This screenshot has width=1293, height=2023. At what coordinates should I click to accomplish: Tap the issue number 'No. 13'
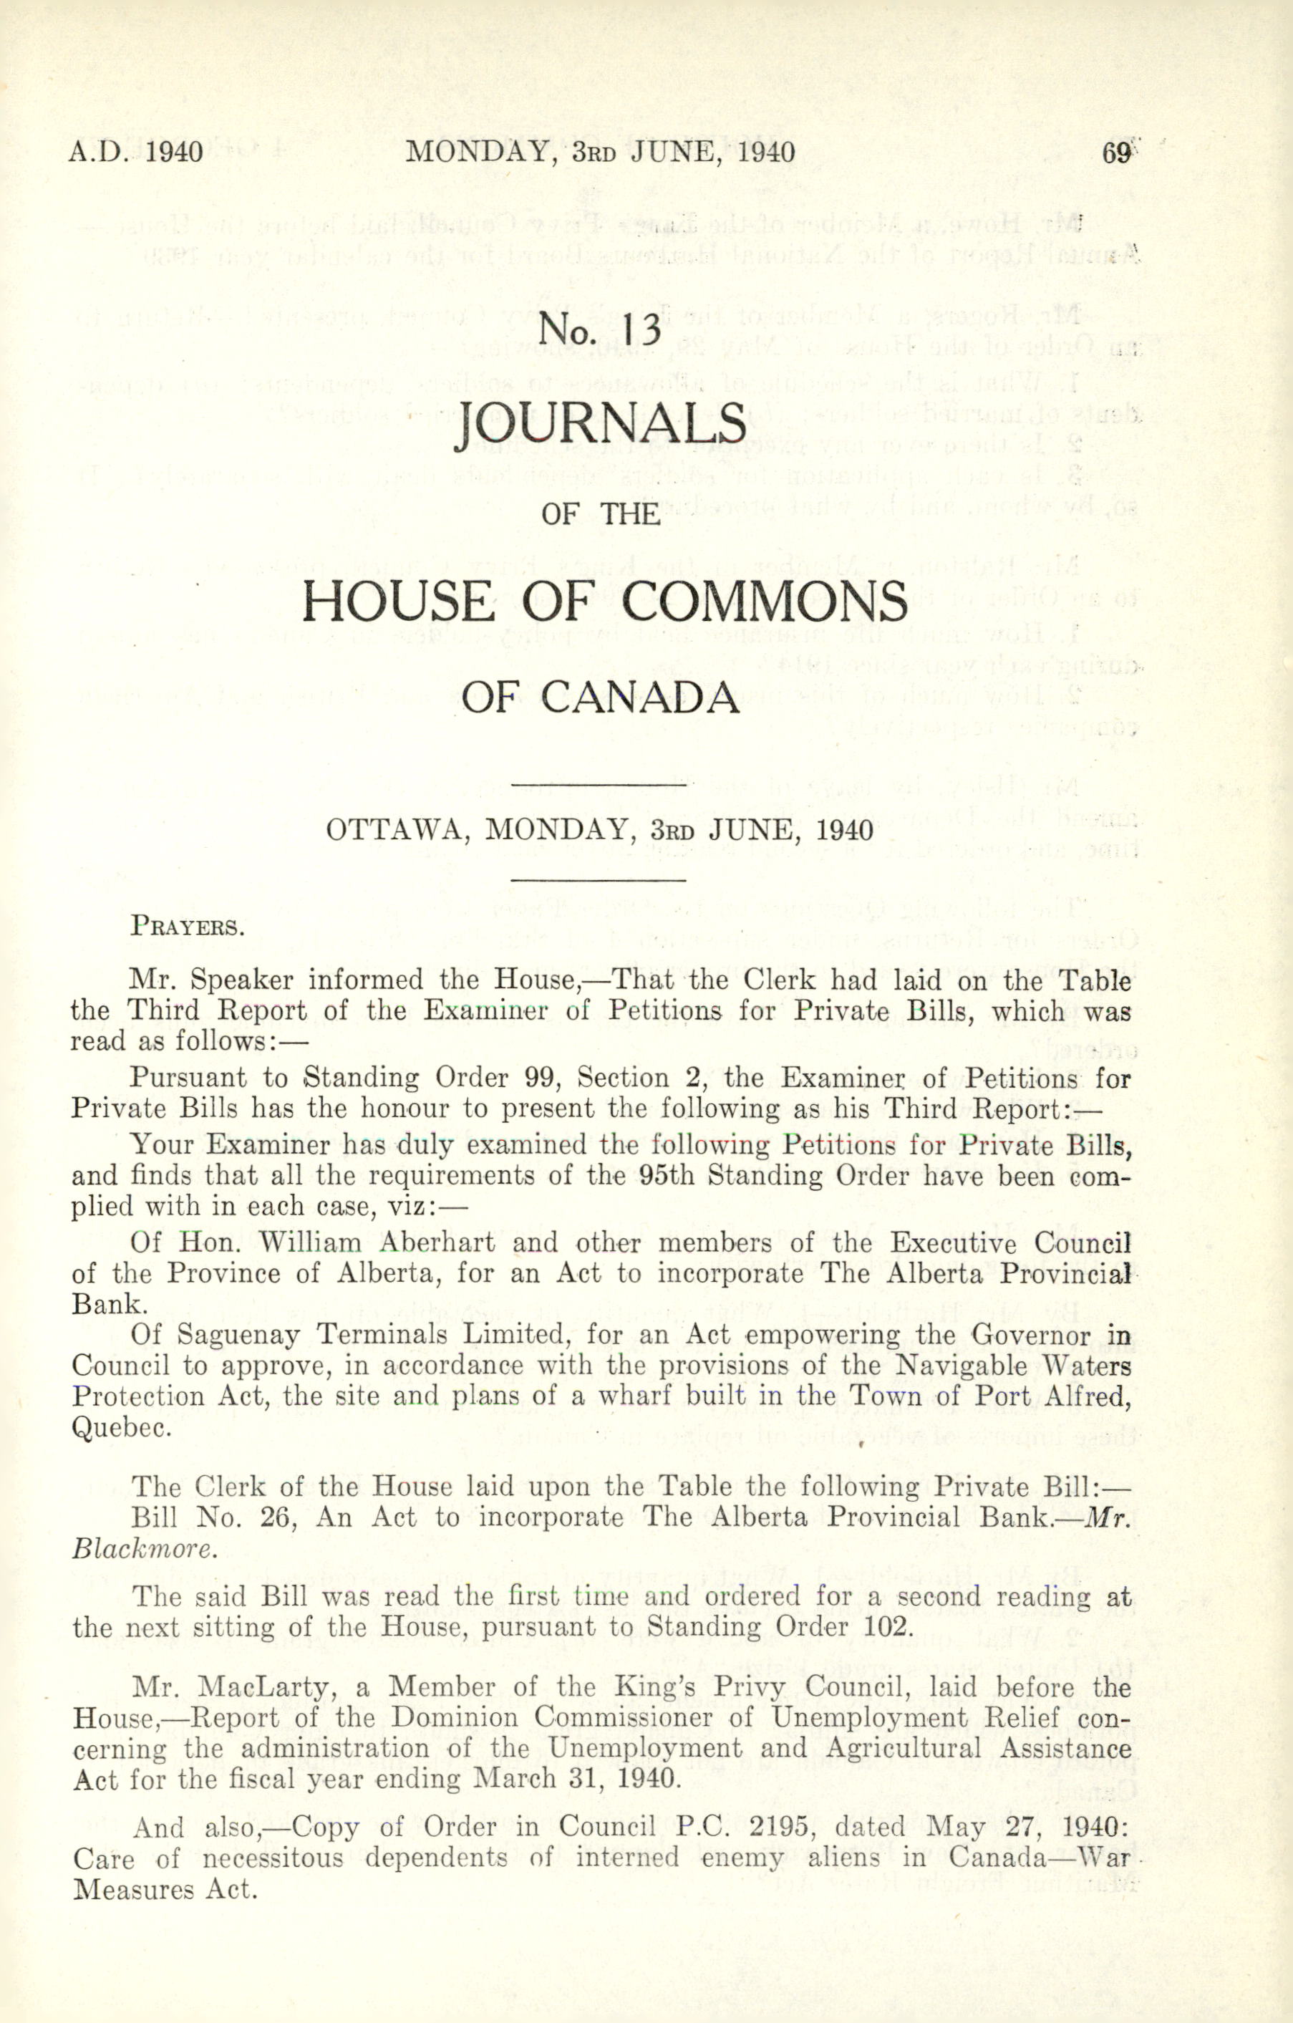pyautogui.click(x=601, y=329)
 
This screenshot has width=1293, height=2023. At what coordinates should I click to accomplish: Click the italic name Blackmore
pyautogui.click(x=144, y=1548)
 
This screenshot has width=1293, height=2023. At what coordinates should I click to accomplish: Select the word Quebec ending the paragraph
pyautogui.click(x=122, y=1427)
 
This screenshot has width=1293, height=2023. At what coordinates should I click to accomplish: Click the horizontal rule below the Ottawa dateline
pyautogui.click(x=599, y=880)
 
